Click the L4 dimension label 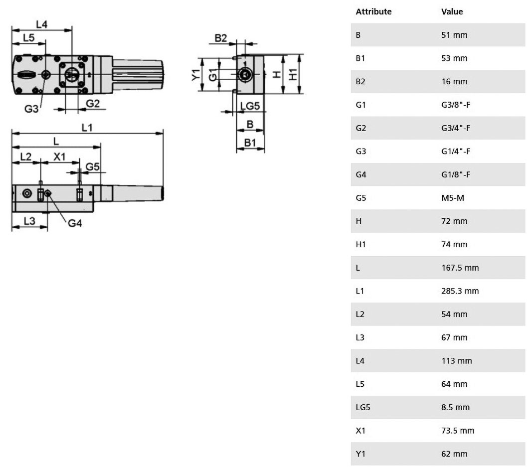42,24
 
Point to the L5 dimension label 29,37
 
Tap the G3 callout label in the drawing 31,109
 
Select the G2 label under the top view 93,103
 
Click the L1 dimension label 87,128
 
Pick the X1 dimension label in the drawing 59,157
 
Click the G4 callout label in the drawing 75,223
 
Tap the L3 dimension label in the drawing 29,221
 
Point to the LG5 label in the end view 250,106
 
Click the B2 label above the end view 221,38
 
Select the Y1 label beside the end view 196,75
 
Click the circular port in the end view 245,74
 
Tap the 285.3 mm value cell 460,291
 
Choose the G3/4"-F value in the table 456,128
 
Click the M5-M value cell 453,198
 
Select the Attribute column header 373,11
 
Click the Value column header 452,11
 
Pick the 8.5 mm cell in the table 455,407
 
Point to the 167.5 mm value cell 460,268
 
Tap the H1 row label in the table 360,245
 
